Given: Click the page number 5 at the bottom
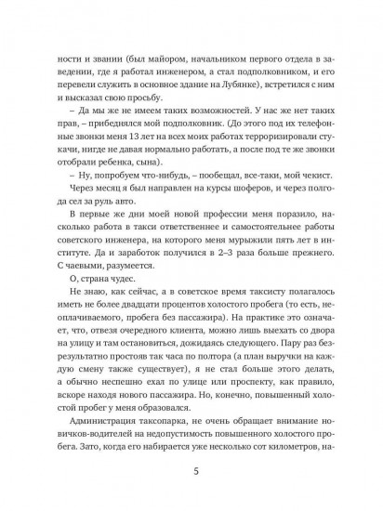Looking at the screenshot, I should pyautogui.click(x=191, y=470).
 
